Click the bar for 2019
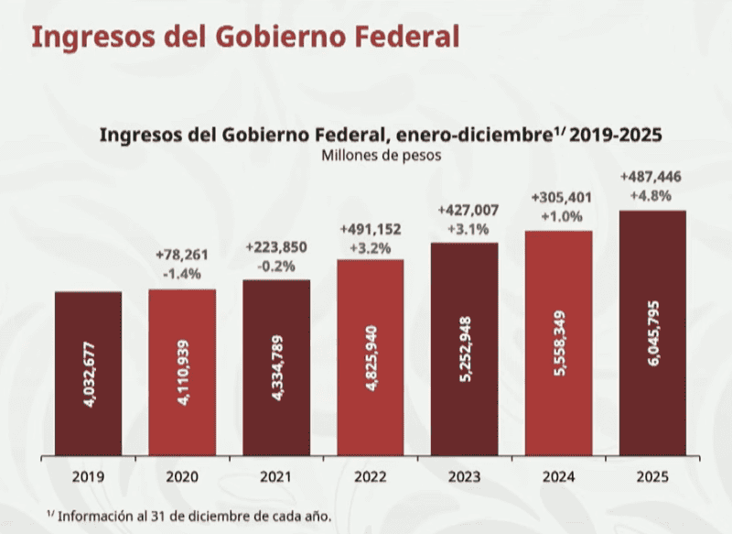point(88,374)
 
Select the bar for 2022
point(371,357)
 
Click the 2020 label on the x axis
point(182,477)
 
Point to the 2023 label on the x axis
point(465,477)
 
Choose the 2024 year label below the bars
point(558,477)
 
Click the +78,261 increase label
point(183,255)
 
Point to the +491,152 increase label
point(371,228)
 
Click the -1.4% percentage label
point(183,273)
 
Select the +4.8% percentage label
point(651,195)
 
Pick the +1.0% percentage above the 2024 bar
point(558,215)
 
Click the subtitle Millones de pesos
point(382,155)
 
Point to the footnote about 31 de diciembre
point(188,516)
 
